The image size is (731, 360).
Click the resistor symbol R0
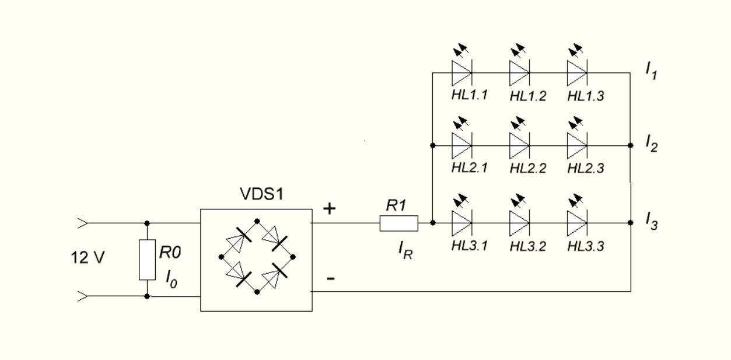[147, 260]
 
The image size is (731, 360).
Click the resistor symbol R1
[398, 223]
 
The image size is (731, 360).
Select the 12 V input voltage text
[88, 257]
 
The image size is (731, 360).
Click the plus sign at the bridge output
[330, 208]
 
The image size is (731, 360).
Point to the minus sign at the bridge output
[330, 278]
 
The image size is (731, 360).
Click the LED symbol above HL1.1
[461, 73]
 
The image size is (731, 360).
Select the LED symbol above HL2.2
[519, 145]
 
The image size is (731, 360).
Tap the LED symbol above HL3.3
[577, 223]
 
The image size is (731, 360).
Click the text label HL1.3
[586, 96]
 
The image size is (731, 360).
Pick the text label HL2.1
[470, 168]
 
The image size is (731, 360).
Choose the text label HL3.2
[528, 246]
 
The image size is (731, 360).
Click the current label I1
[651, 70]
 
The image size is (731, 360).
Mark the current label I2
[651, 143]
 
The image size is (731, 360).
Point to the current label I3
[651, 221]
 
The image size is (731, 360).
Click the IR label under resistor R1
[405, 250]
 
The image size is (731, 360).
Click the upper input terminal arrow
[83, 222]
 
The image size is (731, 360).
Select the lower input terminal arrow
[83, 296]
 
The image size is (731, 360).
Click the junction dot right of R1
[432, 223]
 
